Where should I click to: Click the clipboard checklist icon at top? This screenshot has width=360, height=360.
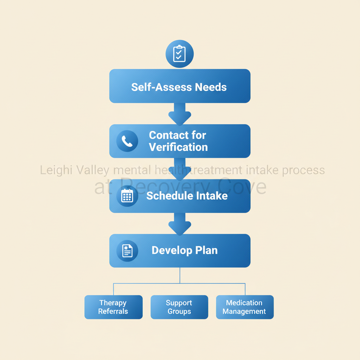tap(179, 54)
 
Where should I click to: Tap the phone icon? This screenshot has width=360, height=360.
tap(127, 141)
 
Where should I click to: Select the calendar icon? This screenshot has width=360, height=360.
tap(127, 196)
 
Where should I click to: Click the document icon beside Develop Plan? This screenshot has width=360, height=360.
tap(127, 251)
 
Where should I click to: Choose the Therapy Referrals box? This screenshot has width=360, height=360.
tap(113, 307)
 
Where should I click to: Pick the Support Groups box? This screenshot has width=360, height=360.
tap(179, 307)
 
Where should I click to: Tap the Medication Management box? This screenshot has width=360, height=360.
tap(244, 307)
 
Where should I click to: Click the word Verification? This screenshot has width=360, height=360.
tap(178, 147)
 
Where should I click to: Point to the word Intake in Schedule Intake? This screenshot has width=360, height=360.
tap(211, 196)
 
